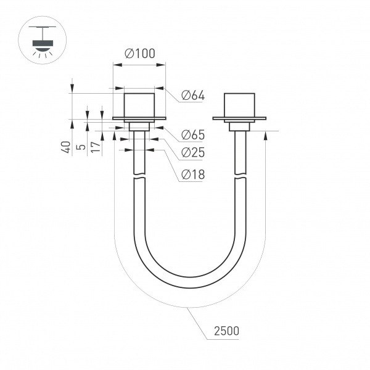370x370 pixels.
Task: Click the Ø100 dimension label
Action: [x=139, y=54]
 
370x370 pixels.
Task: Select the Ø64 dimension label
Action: [x=193, y=96]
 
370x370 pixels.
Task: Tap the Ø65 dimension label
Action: [x=193, y=135]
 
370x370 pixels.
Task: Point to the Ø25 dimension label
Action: [x=193, y=153]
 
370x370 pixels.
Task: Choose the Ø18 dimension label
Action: [x=193, y=175]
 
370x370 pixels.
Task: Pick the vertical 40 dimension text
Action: [x=65, y=147]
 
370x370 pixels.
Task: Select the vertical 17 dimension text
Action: [x=94, y=147]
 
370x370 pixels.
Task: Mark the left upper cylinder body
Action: [x=139, y=104]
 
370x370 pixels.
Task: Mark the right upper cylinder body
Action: [x=239, y=104]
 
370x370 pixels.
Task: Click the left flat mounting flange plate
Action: [x=139, y=118]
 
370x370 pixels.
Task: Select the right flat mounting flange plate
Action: [x=239, y=118]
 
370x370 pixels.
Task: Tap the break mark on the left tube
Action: [x=139, y=177]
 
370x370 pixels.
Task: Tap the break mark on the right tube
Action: [x=239, y=177]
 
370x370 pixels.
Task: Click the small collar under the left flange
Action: [x=139, y=126]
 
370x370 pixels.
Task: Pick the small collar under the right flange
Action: [x=239, y=126]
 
